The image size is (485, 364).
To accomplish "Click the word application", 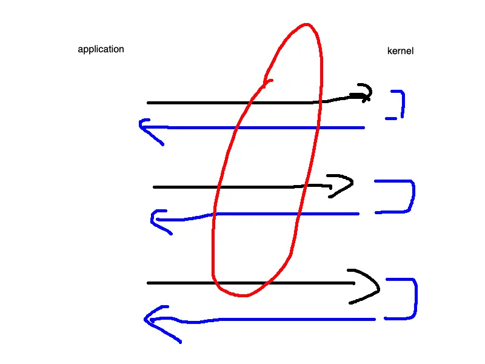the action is tap(101, 49).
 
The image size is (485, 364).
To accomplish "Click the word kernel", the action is tap(400, 52).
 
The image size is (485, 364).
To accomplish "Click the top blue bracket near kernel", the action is tap(400, 103).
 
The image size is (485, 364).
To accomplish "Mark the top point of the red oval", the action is tap(306, 25).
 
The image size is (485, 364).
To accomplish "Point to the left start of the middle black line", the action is tap(155, 187).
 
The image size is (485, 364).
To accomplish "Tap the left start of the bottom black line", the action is tap(149, 283).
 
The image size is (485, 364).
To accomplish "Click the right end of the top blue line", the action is tap(363, 127).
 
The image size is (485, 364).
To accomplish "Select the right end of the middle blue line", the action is tap(358, 214).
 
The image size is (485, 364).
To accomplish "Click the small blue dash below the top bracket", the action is tap(391, 118).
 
